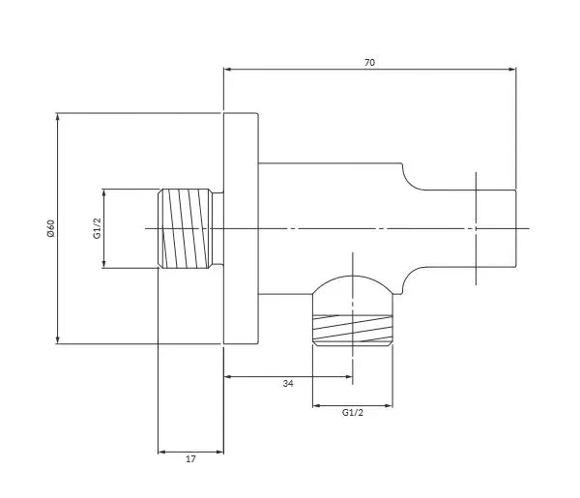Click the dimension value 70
pos(369,63)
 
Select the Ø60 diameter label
pos(50,228)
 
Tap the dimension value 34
pos(288,383)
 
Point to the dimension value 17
pos(190,458)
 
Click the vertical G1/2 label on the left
pos(97,228)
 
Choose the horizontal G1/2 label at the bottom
pos(353,413)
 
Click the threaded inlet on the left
pos(186,228)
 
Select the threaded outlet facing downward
pos(353,330)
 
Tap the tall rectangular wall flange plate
pos(241,228)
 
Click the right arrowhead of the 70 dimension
pos(512,70)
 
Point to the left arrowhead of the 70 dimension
pos(228,70)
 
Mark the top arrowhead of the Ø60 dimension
pos(57,117)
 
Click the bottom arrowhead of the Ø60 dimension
pos(57,339)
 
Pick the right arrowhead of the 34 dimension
pos(348,377)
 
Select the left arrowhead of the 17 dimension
pos(162,452)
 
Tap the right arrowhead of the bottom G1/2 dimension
pos(389,406)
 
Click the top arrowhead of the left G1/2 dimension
pos(104,193)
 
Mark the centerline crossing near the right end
pos(476,228)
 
